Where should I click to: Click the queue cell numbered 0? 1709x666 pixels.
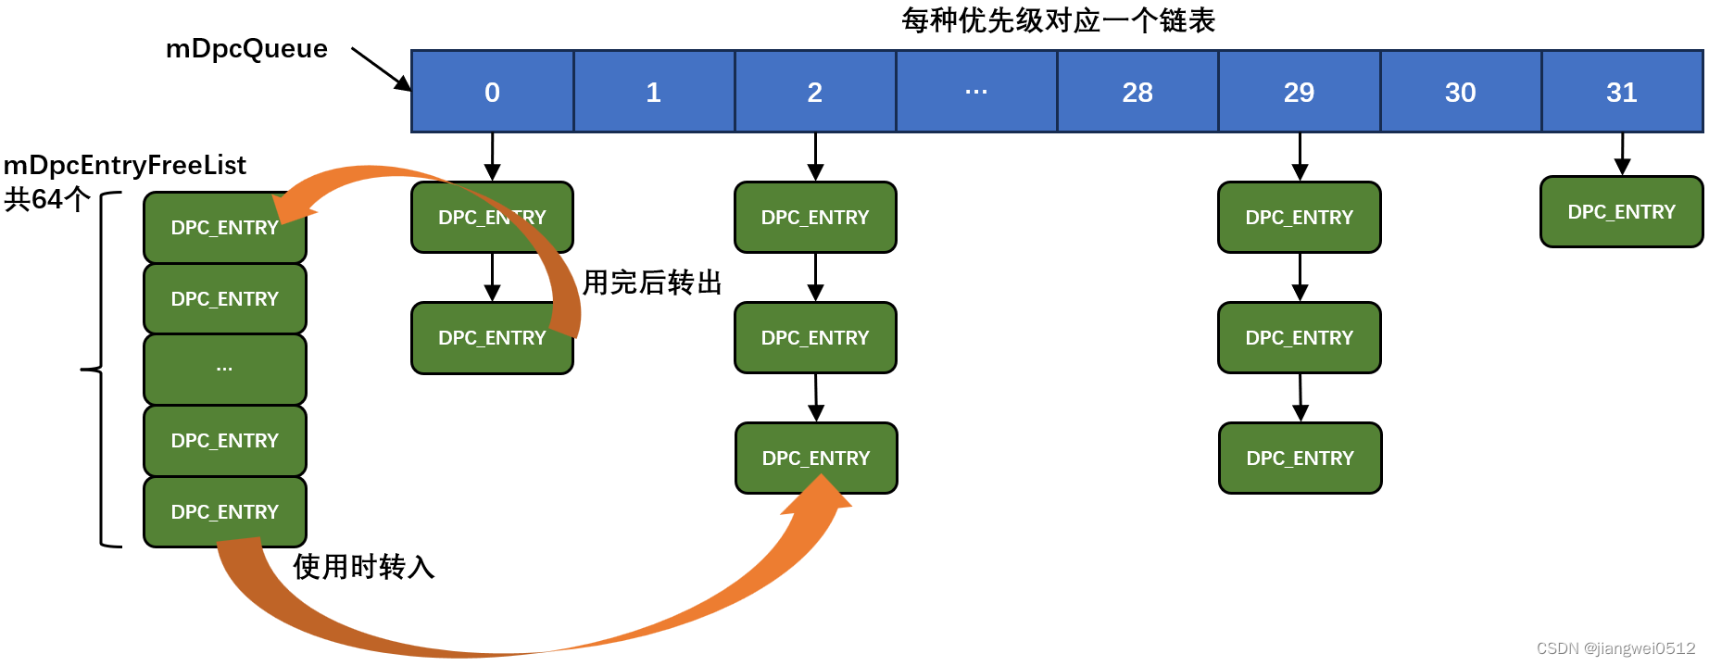492,92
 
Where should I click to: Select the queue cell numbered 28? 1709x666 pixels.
1137,92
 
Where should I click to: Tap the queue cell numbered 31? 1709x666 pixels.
1622,92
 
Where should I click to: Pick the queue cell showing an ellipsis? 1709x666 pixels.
976,92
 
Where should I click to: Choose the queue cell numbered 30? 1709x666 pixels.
1461,92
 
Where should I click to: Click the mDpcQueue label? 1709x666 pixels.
246,48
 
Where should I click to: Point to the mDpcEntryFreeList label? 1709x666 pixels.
125,166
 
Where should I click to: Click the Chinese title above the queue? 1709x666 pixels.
1058,20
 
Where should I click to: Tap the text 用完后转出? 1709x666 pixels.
652,283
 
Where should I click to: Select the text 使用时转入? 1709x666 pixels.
364,567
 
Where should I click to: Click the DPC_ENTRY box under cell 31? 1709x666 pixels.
1621,212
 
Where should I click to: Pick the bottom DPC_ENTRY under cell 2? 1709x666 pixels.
816,459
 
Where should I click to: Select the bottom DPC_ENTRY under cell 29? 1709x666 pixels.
1300,459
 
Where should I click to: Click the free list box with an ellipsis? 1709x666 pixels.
225,369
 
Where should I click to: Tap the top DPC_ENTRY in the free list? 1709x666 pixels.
225,228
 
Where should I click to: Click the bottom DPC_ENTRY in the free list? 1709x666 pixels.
225,512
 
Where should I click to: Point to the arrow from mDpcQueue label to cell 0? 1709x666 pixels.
381,69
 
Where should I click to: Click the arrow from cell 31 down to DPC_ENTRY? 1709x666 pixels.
1622,154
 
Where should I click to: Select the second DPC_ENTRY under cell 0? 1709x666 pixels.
492,338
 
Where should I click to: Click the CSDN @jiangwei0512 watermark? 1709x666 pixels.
1615,648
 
